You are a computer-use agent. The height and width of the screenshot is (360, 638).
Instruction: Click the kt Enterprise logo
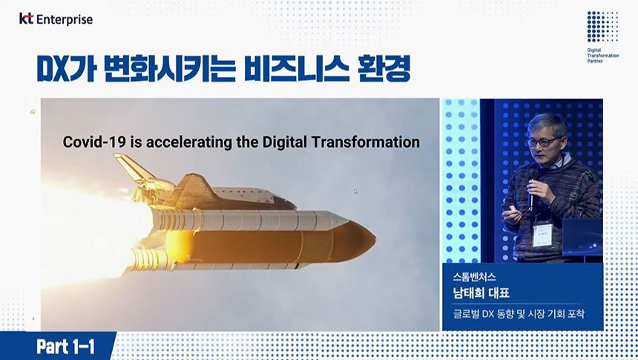(56, 19)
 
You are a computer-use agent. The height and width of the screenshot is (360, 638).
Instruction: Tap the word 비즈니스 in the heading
(297, 68)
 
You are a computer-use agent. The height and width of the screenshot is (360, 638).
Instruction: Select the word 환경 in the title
(384, 68)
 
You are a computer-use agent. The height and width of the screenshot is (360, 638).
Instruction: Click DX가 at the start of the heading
(67, 68)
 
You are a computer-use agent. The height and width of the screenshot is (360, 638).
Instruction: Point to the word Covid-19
(94, 142)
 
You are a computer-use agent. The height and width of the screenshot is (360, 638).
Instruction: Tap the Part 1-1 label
(65, 347)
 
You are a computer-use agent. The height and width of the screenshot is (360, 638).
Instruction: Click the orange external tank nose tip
(375, 239)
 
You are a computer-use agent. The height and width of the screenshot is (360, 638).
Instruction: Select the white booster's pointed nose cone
(339, 220)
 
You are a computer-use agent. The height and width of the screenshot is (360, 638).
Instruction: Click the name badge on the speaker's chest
(542, 235)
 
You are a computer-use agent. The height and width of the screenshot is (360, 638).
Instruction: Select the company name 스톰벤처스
(474, 277)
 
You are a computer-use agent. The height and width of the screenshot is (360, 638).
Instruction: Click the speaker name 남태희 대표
(481, 292)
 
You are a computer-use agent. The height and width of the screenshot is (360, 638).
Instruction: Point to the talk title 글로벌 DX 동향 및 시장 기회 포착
(519, 314)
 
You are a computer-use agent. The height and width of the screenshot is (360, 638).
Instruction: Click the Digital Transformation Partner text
(602, 56)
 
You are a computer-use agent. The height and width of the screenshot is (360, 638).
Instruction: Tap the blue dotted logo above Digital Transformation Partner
(602, 27)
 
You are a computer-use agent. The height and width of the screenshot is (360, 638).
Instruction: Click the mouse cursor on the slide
(355, 191)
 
